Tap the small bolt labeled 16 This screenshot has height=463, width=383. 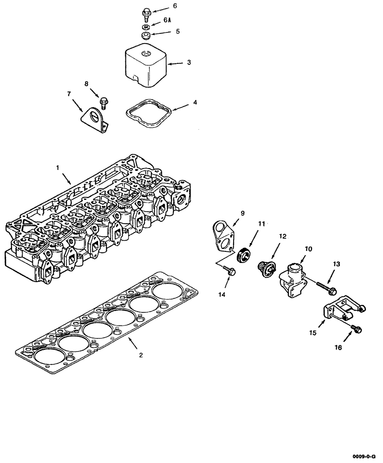[x=356, y=328]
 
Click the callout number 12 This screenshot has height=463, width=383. [x=283, y=236]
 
